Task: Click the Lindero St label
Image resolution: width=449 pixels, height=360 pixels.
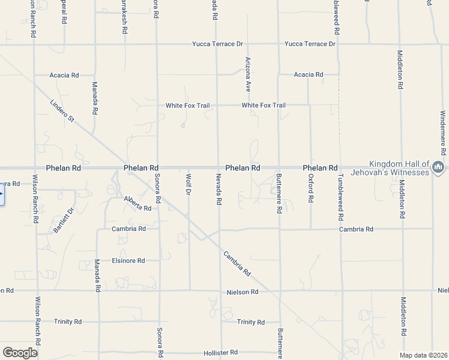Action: (62, 111)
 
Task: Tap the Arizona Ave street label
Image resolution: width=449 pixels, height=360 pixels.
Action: (247, 74)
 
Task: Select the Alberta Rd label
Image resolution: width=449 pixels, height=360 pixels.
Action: (137, 203)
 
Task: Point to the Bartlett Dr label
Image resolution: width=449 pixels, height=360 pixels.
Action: (63, 220)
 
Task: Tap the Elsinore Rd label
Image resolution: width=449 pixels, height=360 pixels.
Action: (128, 260)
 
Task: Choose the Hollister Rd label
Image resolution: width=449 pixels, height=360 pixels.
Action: (220, 352)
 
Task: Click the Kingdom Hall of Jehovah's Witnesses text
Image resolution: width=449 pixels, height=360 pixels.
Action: (399, 168)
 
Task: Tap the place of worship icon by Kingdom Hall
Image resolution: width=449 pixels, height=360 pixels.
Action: (439, 166)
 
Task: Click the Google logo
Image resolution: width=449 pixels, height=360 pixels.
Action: (20, 353)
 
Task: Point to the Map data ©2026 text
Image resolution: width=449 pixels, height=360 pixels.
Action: (424, 355)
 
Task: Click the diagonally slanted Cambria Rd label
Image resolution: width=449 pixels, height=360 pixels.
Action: (237, 262)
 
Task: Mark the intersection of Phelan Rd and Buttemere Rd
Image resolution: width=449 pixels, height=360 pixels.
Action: (279, 168)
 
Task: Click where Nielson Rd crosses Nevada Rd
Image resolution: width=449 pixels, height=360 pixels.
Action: (220, 292)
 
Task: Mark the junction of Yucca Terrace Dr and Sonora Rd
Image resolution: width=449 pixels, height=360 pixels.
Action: (157, 44)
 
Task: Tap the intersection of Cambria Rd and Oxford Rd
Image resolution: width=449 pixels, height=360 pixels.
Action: (310, 229)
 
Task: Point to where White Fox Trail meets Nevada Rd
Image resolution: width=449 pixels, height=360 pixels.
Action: (217, 105)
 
